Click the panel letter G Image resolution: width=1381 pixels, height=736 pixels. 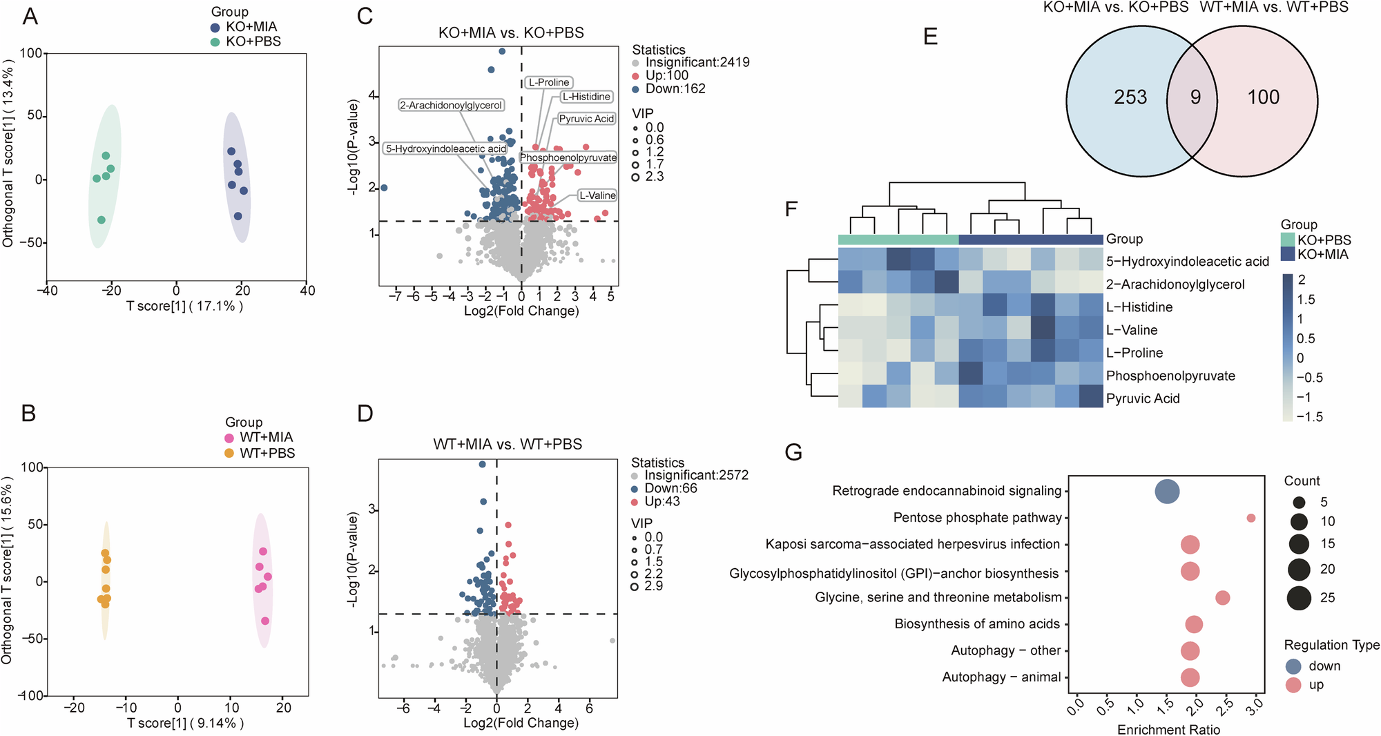click(x=793, y=452)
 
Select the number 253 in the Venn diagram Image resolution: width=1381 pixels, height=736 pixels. click(x=1130, y=97)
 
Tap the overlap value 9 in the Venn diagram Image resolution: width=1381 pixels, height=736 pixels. click(x=1195, y=97)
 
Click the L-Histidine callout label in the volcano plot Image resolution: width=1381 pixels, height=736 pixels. click(x=586, y=97)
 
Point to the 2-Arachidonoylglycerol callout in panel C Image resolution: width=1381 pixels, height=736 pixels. click(x=451, y=106)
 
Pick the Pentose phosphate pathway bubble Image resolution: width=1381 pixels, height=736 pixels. click(x=1250, y=518)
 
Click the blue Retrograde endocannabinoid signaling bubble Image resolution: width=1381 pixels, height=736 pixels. click(x=1167, y=492)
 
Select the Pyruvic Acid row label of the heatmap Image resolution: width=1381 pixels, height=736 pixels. click(x=1143, y=398)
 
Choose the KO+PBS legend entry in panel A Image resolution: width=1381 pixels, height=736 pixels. click(x=253, y=41)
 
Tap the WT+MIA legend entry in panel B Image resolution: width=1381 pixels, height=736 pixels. click(x=266, y=437)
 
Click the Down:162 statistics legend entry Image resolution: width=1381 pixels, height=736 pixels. click(x=675, y=88)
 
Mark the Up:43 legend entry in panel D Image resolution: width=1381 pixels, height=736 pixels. click(x=661, y=501)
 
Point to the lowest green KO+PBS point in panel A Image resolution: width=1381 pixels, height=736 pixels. click(x=102, y=220)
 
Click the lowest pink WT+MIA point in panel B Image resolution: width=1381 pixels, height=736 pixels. click(x=265, y=621)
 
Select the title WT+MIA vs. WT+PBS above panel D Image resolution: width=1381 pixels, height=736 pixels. click(x=508, y=444)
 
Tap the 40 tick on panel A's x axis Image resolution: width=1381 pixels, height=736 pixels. click(x=307, y=291)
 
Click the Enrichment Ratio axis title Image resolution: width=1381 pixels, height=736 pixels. click(x=1168, y=730)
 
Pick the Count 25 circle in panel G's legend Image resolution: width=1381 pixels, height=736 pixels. click(x=1299, y=597)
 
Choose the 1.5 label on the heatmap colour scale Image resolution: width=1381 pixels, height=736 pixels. click(x=1306, y=300)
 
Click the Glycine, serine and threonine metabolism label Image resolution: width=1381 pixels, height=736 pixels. click(x=938, y=597)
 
